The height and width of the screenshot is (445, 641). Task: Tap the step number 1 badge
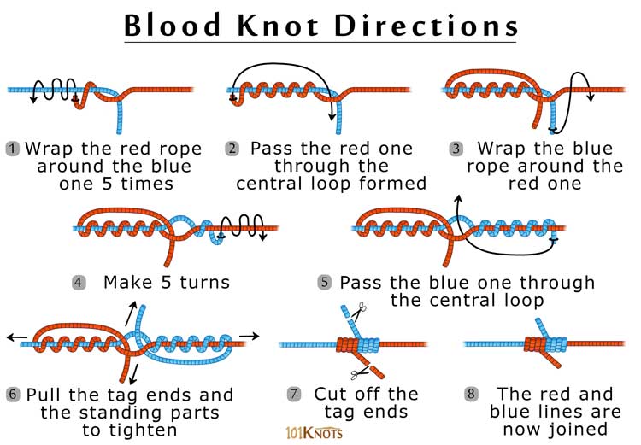pyautogui.click(x=12, y=148)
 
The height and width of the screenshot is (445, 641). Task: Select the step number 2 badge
pyautogui.click(x=232, y=148)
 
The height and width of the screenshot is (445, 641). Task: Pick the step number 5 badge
pyautogui.click(x=325, y=281)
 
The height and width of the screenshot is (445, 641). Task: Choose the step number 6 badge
pyautogui.click(x=12, y=395)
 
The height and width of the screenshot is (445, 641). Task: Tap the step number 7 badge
pyautogui.click(x=294, y=394)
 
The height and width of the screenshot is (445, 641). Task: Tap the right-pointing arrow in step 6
pyautogui.click(x=250, y=336)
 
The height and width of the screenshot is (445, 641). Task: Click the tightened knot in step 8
pyautogui.click(x=542, y=344)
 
